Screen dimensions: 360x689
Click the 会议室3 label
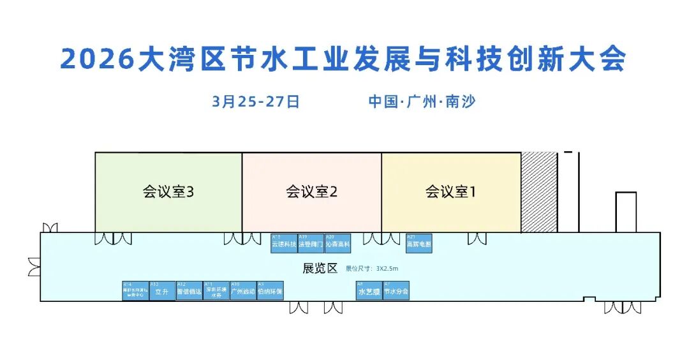point(168,191)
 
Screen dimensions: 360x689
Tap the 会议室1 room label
point(450,191)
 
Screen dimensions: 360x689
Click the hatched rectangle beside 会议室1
point(539,192)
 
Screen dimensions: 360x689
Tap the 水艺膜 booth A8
point(369,290)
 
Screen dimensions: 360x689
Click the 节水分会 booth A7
point(396,290)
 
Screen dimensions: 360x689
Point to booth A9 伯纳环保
point(270,290)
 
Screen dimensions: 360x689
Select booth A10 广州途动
point(243,290)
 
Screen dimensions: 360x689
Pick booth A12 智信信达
point(189,290)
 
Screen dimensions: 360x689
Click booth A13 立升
point(162,290)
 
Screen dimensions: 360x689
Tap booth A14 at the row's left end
point(135,290)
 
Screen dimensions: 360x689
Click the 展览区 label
point(320,268)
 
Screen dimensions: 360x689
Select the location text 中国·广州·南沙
point(422,101)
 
